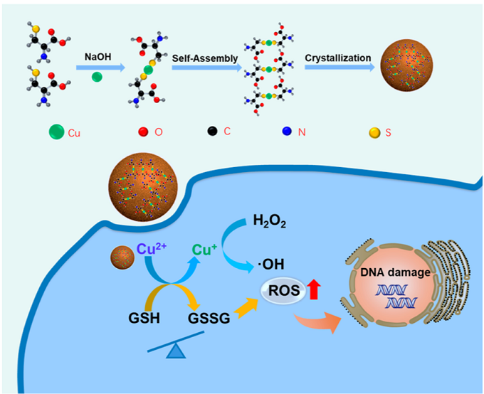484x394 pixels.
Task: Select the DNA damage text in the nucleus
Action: point(393,267)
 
